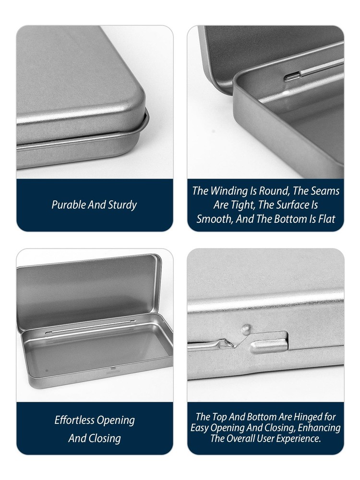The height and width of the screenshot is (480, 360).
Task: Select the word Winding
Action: pos(228,191)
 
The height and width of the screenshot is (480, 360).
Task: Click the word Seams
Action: pos(325,191)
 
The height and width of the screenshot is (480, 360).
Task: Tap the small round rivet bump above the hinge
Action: pos(245,329)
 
